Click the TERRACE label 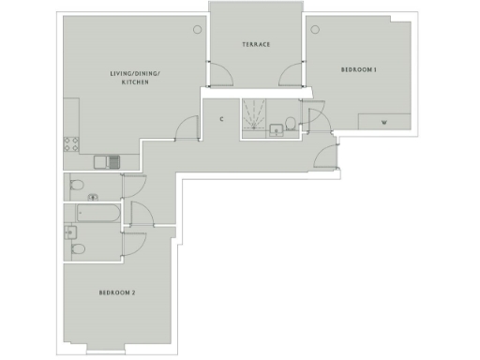(x=256, y=44)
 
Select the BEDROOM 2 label (x=117, y=293)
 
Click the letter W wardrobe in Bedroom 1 (x=384, y=123)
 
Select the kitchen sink (x=113, y=161)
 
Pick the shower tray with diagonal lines (x=253, y=115)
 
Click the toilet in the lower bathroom (x=79, y=248)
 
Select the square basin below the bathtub (x=69, y=232)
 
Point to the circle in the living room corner (x=197, y=29)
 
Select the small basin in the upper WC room (x=92, y=197)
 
